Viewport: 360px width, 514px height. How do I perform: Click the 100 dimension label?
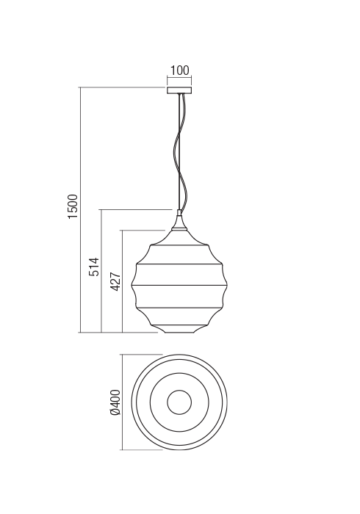coord(180,70)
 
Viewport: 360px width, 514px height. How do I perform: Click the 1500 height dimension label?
coord(73,207)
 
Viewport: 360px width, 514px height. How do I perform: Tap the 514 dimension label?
coord(94,267)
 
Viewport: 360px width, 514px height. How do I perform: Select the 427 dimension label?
coord(115,281)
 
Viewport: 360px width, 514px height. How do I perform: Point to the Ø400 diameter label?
coord(115,402)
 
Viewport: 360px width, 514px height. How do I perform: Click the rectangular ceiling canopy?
coord(179,90)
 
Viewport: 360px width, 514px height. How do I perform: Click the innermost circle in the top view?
coord(179,402)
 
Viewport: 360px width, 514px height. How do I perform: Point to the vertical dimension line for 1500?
coord(80,210)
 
